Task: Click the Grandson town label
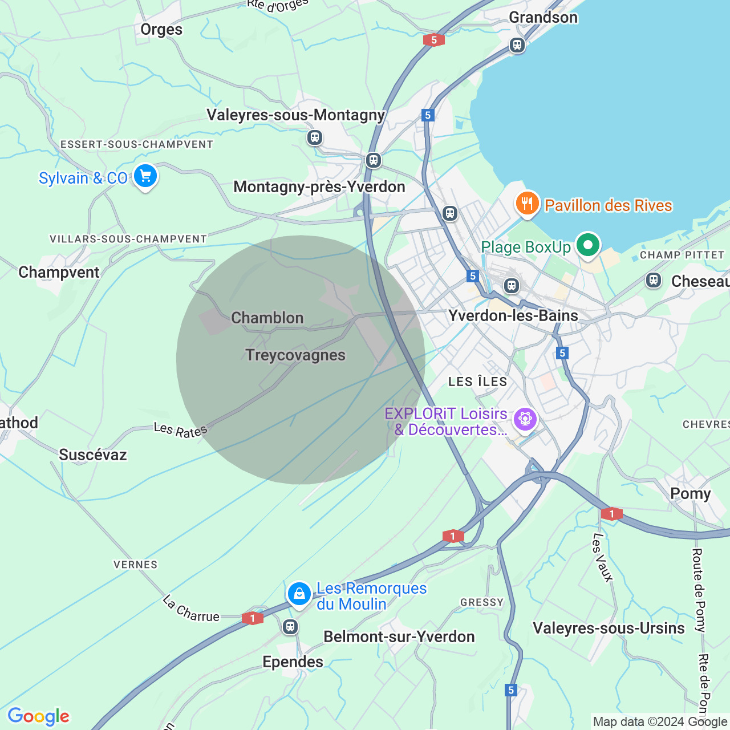point(543,18)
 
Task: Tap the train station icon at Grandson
point(517,44)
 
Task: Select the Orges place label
point(161,30)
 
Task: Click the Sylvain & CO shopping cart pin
point(145,176)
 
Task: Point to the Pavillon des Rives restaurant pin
point(528,204)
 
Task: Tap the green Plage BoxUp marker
point(588,246)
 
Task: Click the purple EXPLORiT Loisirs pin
point(525,420)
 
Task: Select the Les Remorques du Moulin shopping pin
point(299,594)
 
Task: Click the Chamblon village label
point(267,318)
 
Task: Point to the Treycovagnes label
point(295,355)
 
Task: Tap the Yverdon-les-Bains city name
point(513,316)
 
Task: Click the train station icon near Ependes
point(290,627)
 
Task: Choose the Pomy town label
point(690,494)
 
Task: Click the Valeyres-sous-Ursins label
point(609,628)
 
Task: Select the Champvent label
point(59,273)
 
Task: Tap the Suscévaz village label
point(93,455)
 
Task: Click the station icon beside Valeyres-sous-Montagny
point(315,137)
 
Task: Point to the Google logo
point(39,716)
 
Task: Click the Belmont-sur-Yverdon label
point(399,637)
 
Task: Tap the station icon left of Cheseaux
point(654,280)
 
